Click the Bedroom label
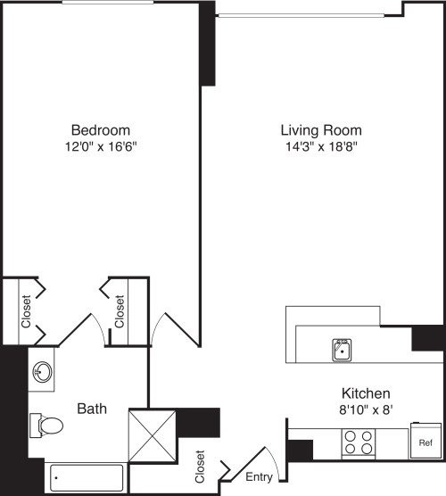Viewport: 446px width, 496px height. pyautogui.click(x=101, y=130)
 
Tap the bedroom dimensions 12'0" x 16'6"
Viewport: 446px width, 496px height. pyautogui.click(x=101, y=146)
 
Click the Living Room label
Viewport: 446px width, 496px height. pyautogui.click(x=321, y=130)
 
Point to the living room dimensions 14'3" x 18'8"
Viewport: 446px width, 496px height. pyautogui.click(x=321, y=146)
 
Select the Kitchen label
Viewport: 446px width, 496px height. pyautogui.click(x=366, y=393)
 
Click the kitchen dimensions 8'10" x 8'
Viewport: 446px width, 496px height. pyautogui.click(x=366, y=410)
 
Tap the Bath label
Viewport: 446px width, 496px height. pyautogui.click(x=92, y=409)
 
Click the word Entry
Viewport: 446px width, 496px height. pyautogui.click(x=259, y=476)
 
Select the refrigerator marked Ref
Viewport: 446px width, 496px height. pyautogui.click(x=425, y=441)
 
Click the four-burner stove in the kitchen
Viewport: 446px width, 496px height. pyautogui.click(x=358, y=442)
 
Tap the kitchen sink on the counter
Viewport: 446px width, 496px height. pyautogui.click(x=342, y=350)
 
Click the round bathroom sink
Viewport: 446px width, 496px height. pyautogui.click(x=43, y=371)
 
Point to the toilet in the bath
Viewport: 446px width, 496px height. pyautogui.click(x=46, y=426)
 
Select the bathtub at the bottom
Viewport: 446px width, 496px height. pyautogui.click(x=87, y=477)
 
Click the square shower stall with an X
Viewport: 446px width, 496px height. pyautogui.click(x=153, y=436)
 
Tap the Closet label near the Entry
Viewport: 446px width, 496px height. pyautogui.click(x=200, y=467)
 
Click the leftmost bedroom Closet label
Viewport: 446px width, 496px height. pyautogui.click(x=26, y=311)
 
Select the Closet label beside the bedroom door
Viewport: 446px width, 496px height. pyautogui.click(x=120, y=311)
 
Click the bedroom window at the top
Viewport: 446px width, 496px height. pyautogui.click(x=108, y=2)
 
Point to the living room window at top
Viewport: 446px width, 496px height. pyautogui.click(x=301, y=15)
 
